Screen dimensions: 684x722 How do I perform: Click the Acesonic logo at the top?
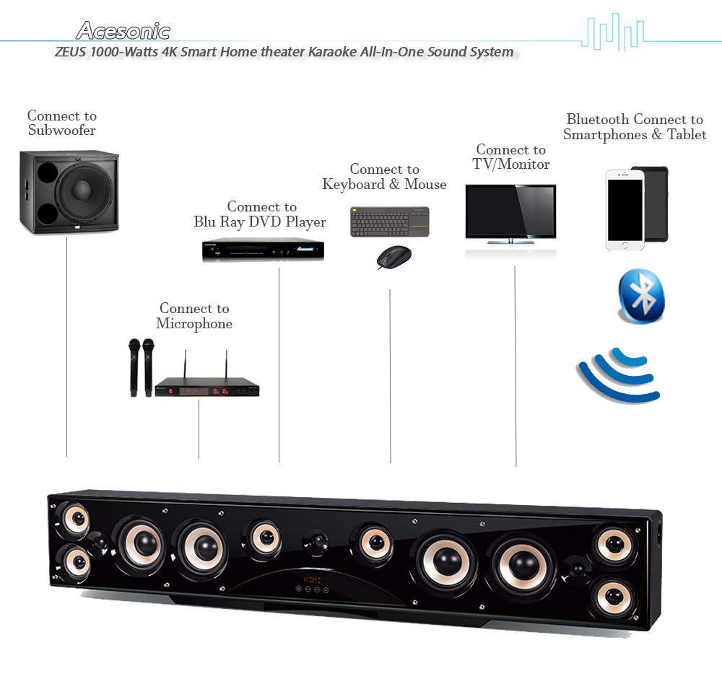(123, 31)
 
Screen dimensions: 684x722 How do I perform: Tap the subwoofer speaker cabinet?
(69, 192)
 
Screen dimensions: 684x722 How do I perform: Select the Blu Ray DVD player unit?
(262, 249)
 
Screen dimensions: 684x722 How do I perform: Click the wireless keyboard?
(390, 222)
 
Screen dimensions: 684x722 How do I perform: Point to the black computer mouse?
(394, 257)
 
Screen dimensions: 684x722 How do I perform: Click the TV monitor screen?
(510, 211)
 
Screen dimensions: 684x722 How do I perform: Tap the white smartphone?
(624, 210)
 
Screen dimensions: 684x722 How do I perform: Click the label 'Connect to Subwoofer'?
(62, 123)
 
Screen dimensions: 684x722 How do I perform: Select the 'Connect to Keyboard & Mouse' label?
(384, 177)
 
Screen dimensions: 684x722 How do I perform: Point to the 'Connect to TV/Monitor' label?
(511, 157)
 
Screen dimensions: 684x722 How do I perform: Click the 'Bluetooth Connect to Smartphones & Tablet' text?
(635, 127)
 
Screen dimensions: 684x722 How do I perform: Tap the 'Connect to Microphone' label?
(194, 316)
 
